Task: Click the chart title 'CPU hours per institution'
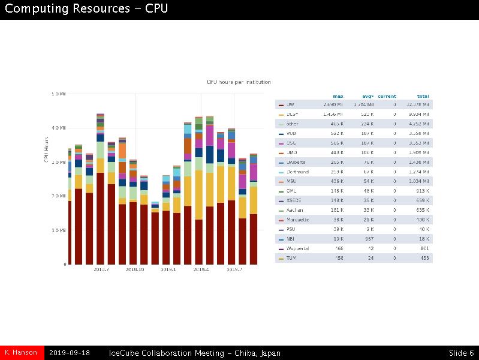(x=239, y=82)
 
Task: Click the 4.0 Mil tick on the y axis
(x=59, y=128)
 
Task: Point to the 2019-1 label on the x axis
(x=168, y=270)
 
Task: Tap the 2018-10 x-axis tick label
(x=135, y=270)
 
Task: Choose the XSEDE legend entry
(x=294, y=200)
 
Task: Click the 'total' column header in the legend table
(x=423, y=96)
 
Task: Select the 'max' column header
(x=338, y=96)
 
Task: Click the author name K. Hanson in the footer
(x=21, y=353)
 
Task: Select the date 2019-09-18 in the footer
(x=70, y=353)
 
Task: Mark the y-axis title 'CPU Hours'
(x=46, y=149)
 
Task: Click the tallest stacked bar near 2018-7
(x=100, y=192)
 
